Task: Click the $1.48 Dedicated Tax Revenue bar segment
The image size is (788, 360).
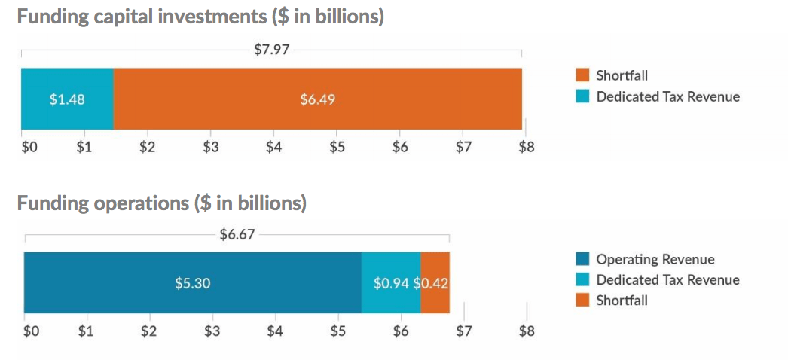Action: click(x=67, y=99)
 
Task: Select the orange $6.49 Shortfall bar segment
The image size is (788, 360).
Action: click(x=317, y=99)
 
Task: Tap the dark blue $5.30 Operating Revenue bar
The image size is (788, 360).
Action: click(x=192, y=283)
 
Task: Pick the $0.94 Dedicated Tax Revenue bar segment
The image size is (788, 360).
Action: click(x=391, y=283)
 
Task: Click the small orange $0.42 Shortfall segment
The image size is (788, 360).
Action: click(x=435, y=283)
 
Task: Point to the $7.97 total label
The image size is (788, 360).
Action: click(x=272, y=51)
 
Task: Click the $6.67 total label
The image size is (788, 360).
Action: click(x=237, y=234)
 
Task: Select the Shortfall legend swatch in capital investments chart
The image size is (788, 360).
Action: click(x=582, y=75)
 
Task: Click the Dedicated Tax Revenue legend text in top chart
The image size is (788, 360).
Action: click(x=667, y=96)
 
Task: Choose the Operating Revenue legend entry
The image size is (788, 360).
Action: click(x=655, y=259)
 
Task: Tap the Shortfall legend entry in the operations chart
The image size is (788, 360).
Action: click(x=622, y=301)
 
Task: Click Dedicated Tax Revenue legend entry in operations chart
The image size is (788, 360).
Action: click(x=667, y=280)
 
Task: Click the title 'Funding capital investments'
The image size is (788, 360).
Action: click(x=200, y=17)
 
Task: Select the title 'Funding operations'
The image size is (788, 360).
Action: click(x=161, y=203)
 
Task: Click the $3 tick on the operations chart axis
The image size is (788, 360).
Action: click(x=212, y=331)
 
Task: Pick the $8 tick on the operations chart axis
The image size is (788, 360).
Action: click(x=526, y=331)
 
